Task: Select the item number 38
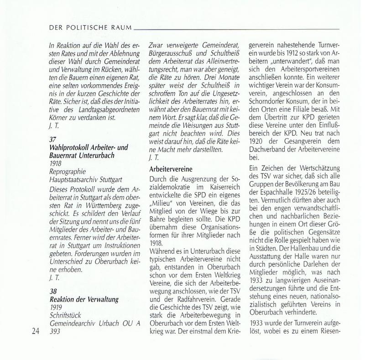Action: pos(53,291)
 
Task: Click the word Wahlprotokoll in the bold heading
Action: pos(69,148)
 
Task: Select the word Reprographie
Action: pos(69,172)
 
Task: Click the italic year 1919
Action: pos(57,308)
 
